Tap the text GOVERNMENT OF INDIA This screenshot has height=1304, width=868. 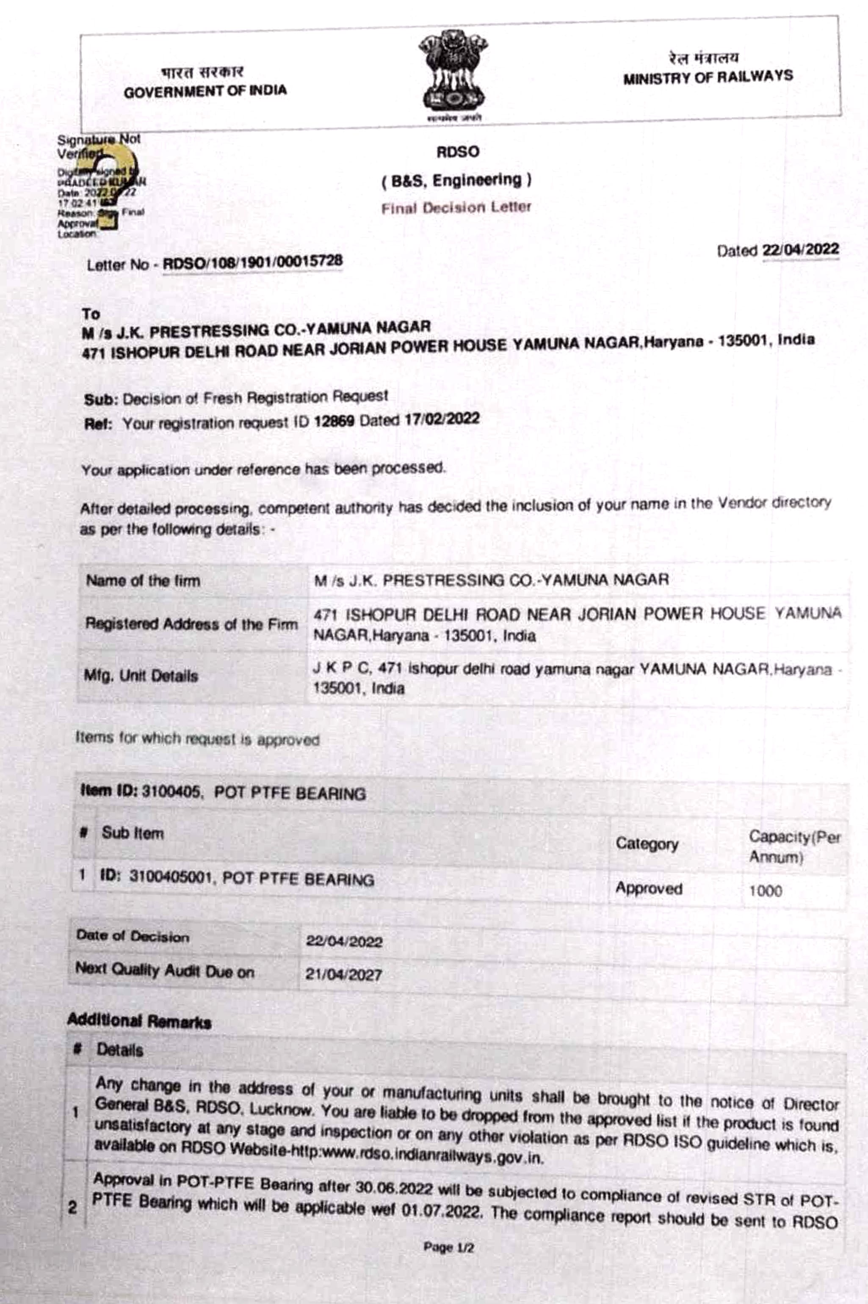click(x=205, y=91)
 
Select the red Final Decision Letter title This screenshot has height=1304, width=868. click(x=456, y=207)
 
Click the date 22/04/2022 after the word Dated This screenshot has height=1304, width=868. click(x=800, y=250)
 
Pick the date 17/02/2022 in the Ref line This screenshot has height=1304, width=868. click(x=441, y=419)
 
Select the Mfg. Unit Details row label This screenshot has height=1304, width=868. click(x=141, y=675)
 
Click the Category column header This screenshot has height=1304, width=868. click(x=647, y=844)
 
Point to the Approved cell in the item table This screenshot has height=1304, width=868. click(x=648, y=888)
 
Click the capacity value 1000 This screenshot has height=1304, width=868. click(x=765, y=891)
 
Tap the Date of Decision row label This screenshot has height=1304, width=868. click(x=133, y=937)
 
